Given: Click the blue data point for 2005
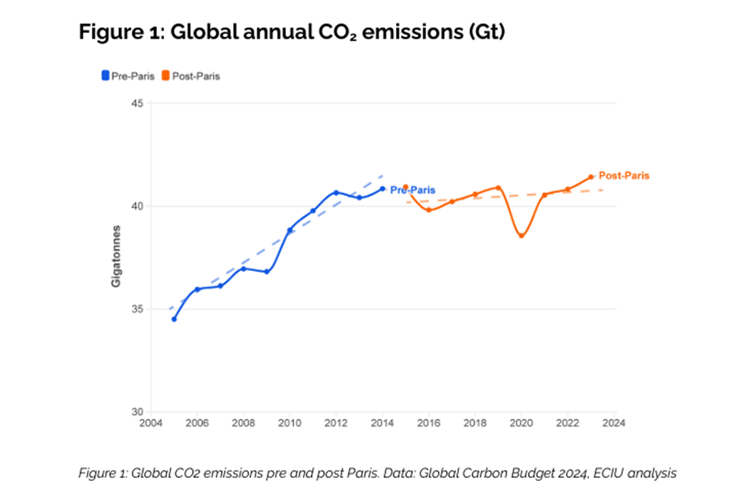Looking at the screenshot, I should click(174, 319).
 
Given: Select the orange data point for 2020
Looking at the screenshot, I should click(522, 236).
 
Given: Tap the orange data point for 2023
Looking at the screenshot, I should click(591, 177).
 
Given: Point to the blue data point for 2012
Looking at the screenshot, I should click(336, 192).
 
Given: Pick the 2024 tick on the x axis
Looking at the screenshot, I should click(614, 422).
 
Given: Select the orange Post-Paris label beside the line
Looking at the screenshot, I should click(624, 175).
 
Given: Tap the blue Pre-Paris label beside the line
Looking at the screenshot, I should click(412, 190).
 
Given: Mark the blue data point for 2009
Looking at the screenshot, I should click(267, 272).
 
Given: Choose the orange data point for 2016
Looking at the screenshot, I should click(429, 210).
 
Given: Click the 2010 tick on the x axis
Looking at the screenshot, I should click(290, 422).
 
